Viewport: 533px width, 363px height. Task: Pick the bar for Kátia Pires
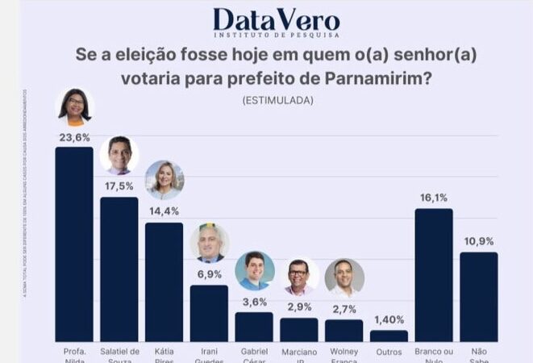tap(164, 282)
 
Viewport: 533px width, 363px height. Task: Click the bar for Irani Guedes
tap(209, 312)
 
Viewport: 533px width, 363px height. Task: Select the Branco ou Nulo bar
tap(434, 274)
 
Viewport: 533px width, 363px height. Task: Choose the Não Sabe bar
tap(479, 296)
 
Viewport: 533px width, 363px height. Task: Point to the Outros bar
tap(389, 336)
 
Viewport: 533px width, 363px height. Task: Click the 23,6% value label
tap(74, 137)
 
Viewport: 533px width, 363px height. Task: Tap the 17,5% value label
tap(119, 186)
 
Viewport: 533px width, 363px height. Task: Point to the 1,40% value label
tap(389, 320)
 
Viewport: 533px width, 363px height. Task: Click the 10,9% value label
tap(479, 241)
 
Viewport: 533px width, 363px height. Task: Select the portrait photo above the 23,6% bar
tap(74, 107)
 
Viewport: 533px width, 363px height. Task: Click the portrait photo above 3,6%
tap(255, 271)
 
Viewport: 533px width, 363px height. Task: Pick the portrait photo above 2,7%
tap(344, 277)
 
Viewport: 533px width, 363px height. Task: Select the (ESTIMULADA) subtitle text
tap(277, 101)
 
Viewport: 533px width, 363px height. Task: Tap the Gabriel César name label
tap(254, 355)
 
